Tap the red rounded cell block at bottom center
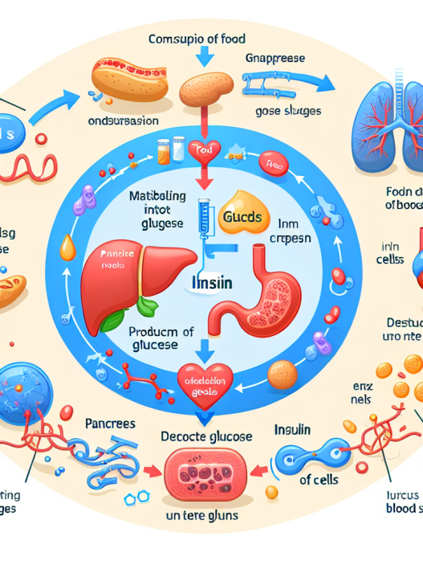(x=205, y=473)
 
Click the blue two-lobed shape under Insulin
(x=309, y=456)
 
